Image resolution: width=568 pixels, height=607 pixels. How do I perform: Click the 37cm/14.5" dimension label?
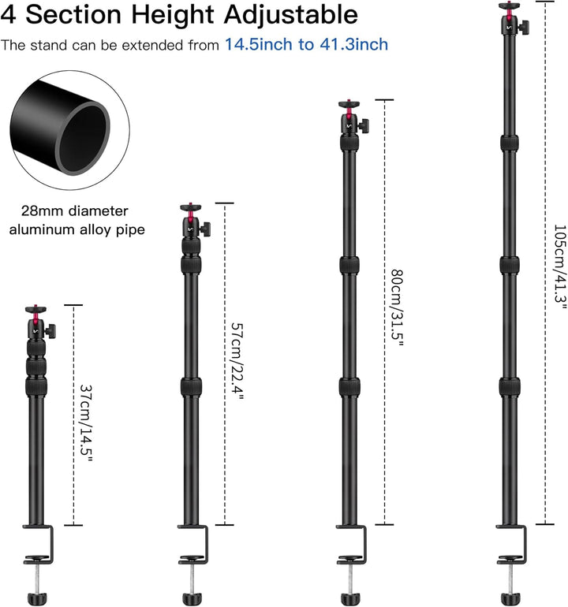[86, 423]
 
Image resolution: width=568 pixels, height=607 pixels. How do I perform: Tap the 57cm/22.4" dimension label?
[237, 362]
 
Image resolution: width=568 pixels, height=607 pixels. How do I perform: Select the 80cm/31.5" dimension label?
[397, 308]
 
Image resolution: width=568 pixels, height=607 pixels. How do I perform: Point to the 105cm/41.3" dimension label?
[559, 267]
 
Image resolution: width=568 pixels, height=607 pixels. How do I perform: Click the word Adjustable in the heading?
[290, 15]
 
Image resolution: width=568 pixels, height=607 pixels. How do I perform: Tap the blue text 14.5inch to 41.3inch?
[306, 44]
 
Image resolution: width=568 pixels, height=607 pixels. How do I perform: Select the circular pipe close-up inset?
[70, 130]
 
